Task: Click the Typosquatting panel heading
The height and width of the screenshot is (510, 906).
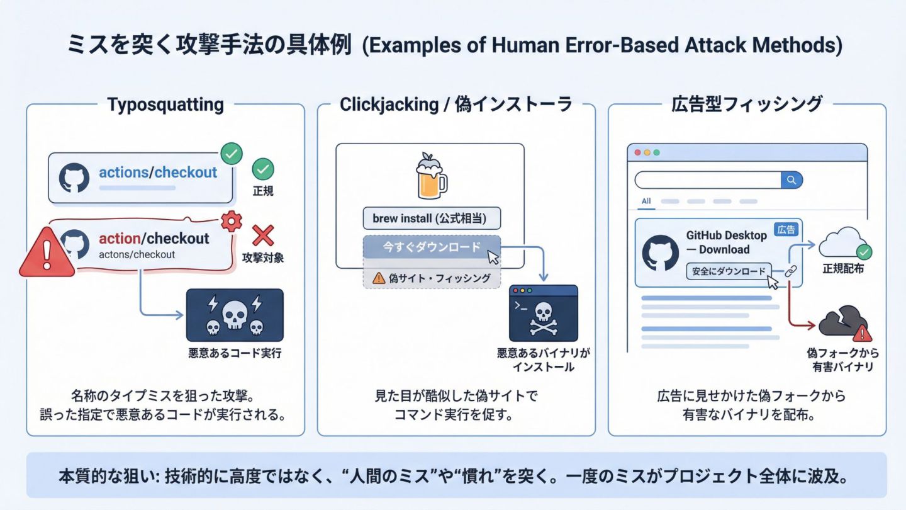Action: pyautogui.click(x=165, y=105)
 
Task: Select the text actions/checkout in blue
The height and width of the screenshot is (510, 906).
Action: pyautogui.click(x=158, y=173)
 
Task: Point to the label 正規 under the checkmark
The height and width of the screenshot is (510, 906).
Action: pyautogui.click(x=262, y=191)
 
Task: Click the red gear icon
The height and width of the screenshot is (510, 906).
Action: pyautogui.click(x=232, y=222)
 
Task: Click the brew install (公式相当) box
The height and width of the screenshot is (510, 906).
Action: pyautogui.click(x=432, y=218)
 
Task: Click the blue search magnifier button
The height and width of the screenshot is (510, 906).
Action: pyautogui.click(x=791, y=179)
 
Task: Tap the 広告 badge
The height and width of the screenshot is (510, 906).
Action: pyautogui.click(x=786, y=229)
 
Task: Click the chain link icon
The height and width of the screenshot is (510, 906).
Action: pyautogui.click(x=790, y=271)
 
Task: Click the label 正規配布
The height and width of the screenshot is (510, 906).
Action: pyautogui.click(x=843, y=269)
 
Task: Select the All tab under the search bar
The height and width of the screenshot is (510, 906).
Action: pyautogui.click(x=646, y=201)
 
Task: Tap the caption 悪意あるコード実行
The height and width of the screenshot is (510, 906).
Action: pyautogui.click(x=235, y=353)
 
